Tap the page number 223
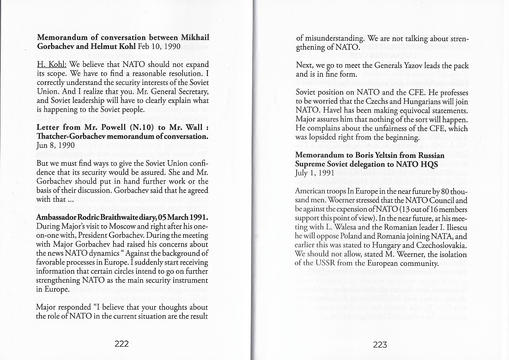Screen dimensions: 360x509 (379, 344)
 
